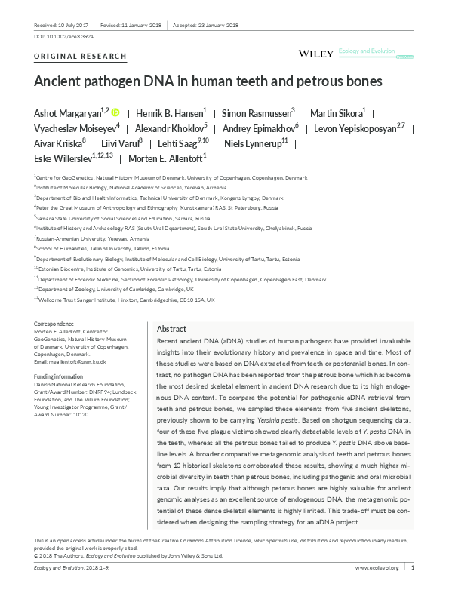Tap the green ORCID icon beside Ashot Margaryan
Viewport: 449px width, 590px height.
pos(115,112)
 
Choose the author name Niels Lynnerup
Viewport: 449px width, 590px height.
pos(251,143)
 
